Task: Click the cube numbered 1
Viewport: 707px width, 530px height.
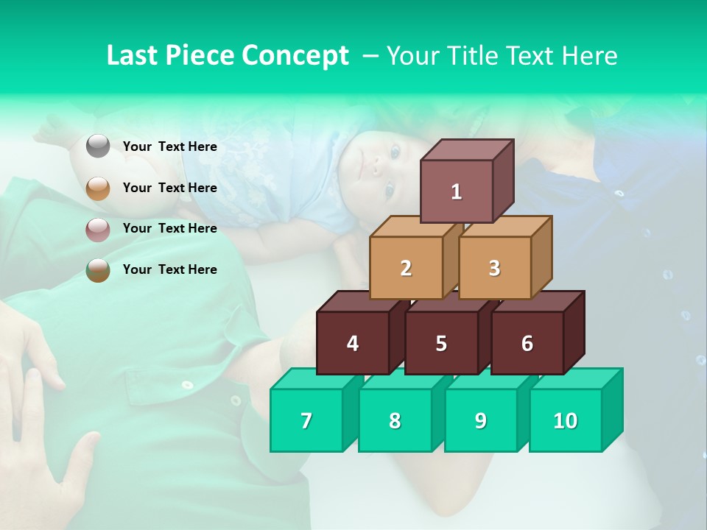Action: coord(457,191)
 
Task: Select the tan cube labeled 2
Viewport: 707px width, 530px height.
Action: coord(406,268)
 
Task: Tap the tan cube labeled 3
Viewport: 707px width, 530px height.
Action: coord(494,268)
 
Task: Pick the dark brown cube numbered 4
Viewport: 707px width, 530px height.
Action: coord(353,343)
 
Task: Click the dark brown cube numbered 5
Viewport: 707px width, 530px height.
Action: coord(441,343)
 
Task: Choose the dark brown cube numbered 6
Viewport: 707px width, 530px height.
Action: coord(527,343)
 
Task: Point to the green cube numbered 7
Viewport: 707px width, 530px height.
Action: coord(306,420)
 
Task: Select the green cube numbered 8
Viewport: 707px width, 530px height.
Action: coord(395,420)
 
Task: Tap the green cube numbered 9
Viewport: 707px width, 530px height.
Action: coord(481,420)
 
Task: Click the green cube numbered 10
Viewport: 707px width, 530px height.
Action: coord(566,420)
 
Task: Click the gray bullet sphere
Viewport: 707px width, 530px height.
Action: coord(98,146)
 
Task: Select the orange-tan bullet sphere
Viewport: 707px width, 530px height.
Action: coord(98,188)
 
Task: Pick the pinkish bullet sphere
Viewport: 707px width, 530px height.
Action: coord(98,229)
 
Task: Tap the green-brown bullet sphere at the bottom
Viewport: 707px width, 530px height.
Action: coord(98,270)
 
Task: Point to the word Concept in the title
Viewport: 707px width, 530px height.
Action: coord(295,56)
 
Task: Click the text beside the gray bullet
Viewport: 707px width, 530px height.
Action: coord(169,146)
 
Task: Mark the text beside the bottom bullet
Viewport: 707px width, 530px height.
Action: coord(169,269)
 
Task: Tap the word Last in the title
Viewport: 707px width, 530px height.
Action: coord(132,56)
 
